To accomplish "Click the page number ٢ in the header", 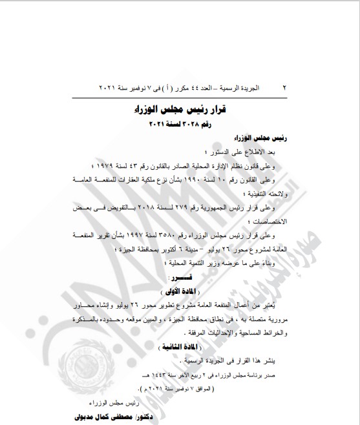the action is coord(284,86).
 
